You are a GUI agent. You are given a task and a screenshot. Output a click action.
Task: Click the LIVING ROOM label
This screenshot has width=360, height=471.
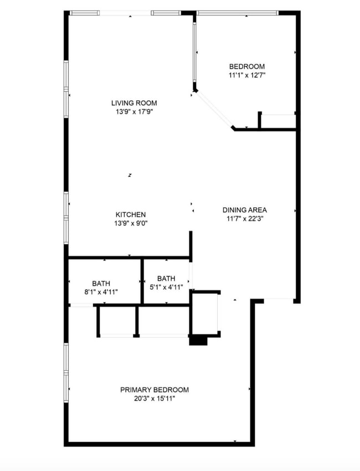pos(133,103)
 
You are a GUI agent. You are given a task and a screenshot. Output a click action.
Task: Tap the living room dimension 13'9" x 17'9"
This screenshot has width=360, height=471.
pos(133,111)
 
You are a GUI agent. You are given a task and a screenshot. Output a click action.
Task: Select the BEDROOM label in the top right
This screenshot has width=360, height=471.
pos(246,66)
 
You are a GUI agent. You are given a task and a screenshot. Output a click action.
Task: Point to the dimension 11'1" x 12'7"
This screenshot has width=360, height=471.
pos(246,75)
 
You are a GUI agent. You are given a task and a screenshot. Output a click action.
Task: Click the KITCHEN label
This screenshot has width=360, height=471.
pos(131,214)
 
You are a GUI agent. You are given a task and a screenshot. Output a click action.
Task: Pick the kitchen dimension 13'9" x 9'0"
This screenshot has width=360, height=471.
pos(131,223)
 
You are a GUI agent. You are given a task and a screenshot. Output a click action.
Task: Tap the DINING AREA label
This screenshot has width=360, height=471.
pos(244,210)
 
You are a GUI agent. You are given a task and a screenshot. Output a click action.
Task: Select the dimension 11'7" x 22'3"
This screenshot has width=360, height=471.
pos(244,219)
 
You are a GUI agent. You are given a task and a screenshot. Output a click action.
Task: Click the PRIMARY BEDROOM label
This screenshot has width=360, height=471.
pos(155,390)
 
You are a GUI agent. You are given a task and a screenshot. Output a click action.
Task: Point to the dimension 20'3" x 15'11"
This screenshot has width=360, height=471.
pos(155,398)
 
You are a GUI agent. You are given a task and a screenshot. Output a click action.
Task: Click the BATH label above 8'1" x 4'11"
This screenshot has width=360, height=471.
pos(101,283)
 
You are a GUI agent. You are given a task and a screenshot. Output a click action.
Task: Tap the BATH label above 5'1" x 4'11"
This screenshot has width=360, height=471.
pos(166,279)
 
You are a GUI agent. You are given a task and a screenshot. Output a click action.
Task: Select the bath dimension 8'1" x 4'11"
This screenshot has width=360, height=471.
pos(101,291)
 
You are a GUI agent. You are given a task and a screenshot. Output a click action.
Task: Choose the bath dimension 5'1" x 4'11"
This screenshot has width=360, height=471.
pos(166,287)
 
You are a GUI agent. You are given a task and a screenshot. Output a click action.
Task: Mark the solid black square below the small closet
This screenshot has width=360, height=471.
pos(198,341)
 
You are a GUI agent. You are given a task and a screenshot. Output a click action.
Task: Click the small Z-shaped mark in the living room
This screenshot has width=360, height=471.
pos(130,175)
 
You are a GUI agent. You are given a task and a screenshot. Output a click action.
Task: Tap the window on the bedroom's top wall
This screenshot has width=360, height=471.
pos(237,13)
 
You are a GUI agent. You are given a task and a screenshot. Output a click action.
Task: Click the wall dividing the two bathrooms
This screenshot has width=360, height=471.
pos(142,281)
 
